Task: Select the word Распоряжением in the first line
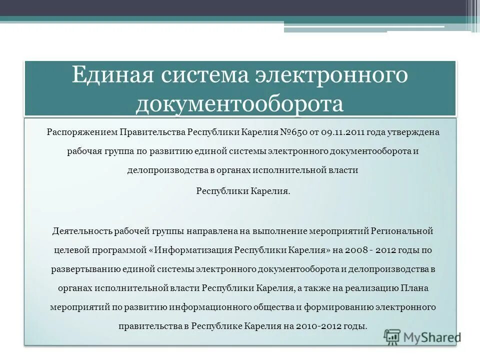(82, 132)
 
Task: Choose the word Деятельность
(81, 232)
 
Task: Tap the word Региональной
(401, 232)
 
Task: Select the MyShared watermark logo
(422, 337)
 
